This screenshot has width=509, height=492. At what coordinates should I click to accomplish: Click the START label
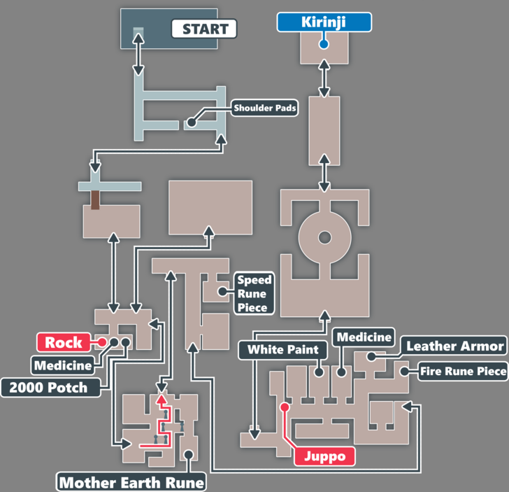(x=205, y=29)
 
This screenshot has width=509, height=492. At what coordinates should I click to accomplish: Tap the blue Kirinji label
(x=324, y=22)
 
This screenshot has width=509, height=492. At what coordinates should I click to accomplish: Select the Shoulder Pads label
(x=265, y=108)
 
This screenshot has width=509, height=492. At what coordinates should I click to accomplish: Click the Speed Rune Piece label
(x=254, y=293)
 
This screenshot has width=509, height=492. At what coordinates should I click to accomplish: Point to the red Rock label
(x=64, y=342)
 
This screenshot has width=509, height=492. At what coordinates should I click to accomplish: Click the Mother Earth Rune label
(x=132, y=482)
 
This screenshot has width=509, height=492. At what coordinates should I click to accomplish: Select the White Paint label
(x=283, y=349)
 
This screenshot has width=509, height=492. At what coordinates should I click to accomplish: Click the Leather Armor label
(x=454, y=346)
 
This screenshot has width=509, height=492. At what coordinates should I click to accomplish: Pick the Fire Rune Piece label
(x=464, y=371)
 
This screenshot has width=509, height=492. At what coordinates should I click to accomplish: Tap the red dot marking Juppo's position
(x=285, y=406)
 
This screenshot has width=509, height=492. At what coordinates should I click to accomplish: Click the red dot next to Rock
(x=102, y=342)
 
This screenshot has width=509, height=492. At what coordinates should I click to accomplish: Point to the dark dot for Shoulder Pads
(x=191, y=122)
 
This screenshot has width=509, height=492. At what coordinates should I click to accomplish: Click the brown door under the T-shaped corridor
(x=94, y=199)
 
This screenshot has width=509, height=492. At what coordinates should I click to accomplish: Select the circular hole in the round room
(x=324, y=238)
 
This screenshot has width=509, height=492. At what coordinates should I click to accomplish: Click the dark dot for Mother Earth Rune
(x=188, y=454)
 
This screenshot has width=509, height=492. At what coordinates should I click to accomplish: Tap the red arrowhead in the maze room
(x=162, y=399)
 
